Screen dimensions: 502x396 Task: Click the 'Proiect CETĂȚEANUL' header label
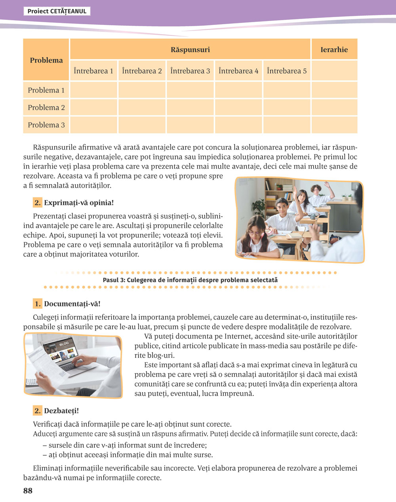pos(57,11)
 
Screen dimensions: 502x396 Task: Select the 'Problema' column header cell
pos(46,60)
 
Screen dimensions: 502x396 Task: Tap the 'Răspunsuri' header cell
pos(190,49)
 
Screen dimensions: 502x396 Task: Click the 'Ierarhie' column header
pos(334,49)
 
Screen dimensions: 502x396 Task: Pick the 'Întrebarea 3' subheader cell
pos(190,71)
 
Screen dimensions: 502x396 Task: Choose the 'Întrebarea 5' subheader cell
pos(287,71)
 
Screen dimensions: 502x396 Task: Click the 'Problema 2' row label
pos(46,107)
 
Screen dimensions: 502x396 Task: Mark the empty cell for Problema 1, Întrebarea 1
pos(93,90)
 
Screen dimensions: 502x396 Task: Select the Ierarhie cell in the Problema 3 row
pos(334,125)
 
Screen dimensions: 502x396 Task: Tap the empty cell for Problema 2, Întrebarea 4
pos(238,107)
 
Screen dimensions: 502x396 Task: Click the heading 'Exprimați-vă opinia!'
pos(79,203)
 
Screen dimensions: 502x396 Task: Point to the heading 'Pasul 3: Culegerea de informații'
pos(190,280)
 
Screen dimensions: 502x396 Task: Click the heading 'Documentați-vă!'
pos(72,304)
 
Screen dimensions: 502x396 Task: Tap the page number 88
pos(28,491)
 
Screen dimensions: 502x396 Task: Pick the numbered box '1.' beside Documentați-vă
pos(38,304)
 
